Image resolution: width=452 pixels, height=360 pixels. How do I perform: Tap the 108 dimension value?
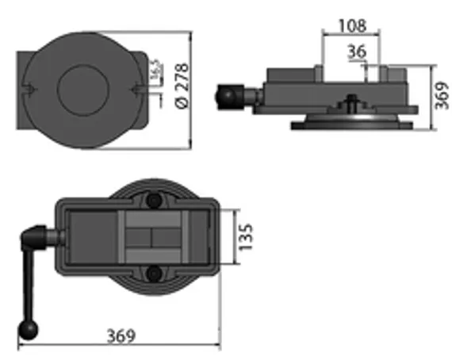tap(351, 25)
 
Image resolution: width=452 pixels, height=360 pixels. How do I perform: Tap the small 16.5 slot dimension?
tap(153, 70)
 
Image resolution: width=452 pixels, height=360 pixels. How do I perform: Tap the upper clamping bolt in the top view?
tap(152, 199)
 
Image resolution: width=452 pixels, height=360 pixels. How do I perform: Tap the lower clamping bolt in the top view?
tap(152, 274)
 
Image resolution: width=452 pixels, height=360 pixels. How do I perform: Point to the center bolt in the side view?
tap(351, 104)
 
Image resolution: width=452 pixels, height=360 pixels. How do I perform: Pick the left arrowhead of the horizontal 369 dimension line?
tap(19, 346)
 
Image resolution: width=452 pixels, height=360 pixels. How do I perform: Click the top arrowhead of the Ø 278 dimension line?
tap(191, 35)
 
